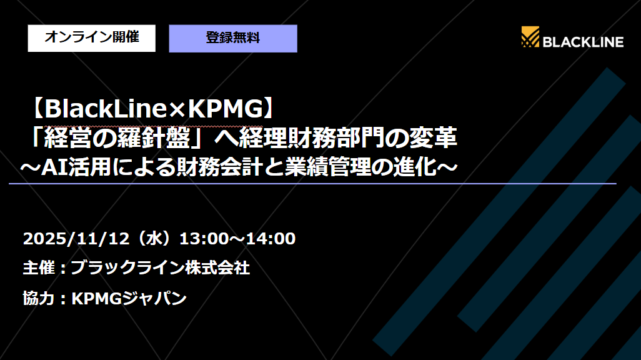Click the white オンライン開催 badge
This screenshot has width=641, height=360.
91,37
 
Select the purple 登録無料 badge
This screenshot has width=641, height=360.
233,38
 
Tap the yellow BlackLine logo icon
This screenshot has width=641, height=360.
530,37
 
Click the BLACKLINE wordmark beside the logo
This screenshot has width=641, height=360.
583,42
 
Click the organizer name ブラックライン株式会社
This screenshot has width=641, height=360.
161,268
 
